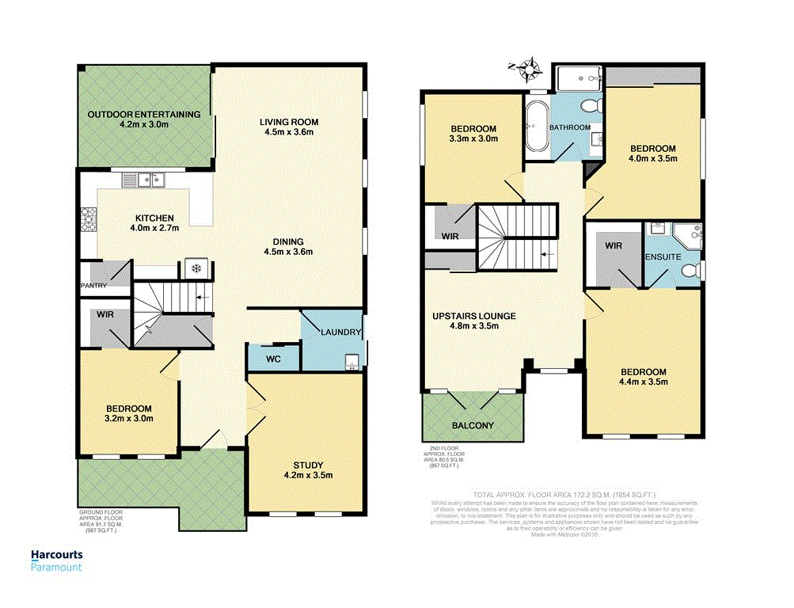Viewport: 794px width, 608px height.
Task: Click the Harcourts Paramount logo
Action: tap(56, 560)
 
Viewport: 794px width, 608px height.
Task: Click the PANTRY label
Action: tap(93, 286)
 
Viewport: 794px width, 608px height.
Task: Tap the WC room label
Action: tap(272, 358)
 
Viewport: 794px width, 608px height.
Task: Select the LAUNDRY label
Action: tap(341, 332)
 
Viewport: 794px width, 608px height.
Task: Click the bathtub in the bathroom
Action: tap(536, 125)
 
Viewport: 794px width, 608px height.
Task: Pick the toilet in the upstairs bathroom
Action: tap(589, 106)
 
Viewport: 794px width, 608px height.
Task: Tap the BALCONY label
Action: tap(473, 426)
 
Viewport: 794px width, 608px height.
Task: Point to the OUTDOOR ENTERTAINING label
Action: tap(144, 114)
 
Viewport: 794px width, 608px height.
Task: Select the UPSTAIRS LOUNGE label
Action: tap(474, 316)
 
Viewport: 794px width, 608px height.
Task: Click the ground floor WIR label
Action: tap(107, 315)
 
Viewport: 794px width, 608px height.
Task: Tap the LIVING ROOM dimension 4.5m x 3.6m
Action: tap(289, 132)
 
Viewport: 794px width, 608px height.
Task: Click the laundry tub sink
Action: tap(354, 363)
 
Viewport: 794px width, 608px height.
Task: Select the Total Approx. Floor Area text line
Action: tap(563, 493)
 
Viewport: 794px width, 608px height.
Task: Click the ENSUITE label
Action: tap(663, 257)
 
